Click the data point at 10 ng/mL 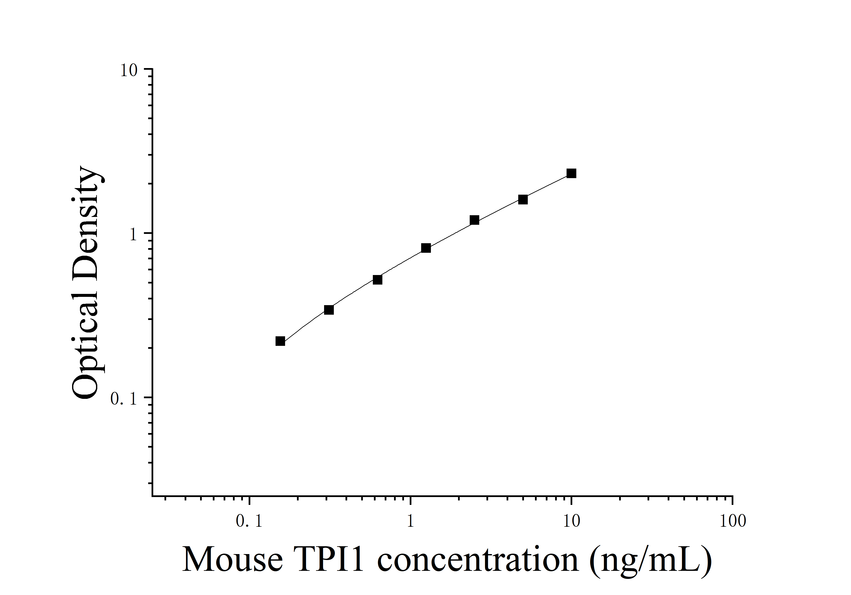pos(571,173)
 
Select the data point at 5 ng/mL pos(523,200)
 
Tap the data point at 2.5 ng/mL pos(474,220)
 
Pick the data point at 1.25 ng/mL pos(426,248)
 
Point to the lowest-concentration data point pos(280,341)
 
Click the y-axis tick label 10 pos(129,70)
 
